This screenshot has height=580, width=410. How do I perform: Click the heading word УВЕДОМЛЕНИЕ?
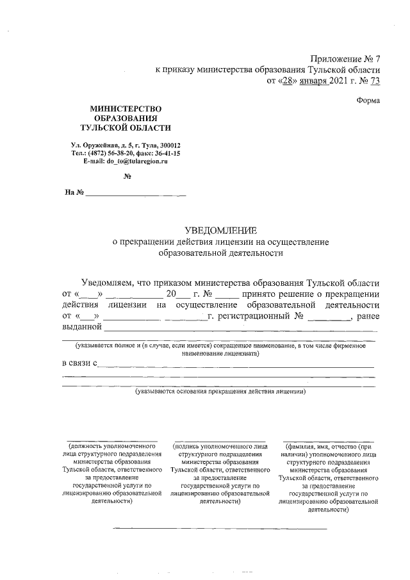point(220,230)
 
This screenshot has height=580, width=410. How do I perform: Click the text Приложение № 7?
point(345,58)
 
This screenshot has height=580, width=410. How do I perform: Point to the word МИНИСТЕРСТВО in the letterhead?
point(126,110)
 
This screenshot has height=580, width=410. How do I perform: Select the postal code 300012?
point(168,145)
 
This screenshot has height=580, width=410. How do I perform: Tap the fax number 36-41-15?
point(167,154)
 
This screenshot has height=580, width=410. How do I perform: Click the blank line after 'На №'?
point(136,194)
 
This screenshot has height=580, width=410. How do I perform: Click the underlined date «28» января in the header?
point(307,81)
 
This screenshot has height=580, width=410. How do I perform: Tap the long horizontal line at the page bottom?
point(220,528)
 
